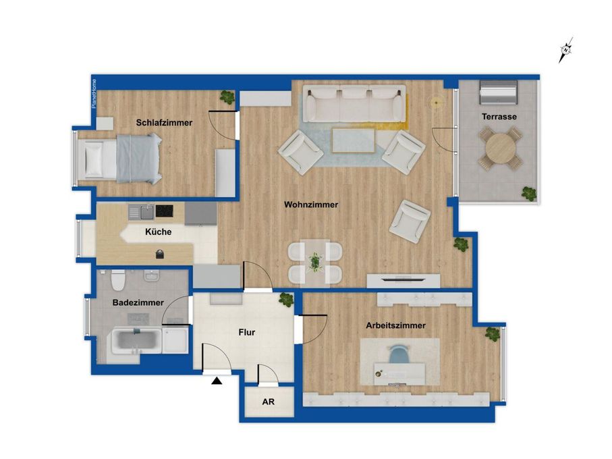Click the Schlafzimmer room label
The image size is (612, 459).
(x=164, y=123)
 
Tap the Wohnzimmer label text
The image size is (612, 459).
(x=311, y=205)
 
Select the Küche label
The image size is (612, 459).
(x=158, y=232)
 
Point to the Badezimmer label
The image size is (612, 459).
(x=138, y=302)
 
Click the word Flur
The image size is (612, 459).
(x=247, y=332)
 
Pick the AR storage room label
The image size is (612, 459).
(x=268, y=402)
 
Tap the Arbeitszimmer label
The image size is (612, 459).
(x=396, y=325)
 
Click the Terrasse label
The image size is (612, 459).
(x=499, y=116)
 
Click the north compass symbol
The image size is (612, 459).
(x=565, y=50)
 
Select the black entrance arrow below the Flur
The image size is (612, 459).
(x=217, y=381)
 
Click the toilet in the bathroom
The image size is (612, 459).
(x=118, y=279)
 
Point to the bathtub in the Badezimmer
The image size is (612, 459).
(x=136, y=341)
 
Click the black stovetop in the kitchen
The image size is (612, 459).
(x=165, y=211)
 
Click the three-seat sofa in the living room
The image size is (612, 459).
(x=354, y=104)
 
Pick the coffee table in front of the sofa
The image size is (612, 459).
(x=354, y=140)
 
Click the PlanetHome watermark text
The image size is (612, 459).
(x=94, y=94)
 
